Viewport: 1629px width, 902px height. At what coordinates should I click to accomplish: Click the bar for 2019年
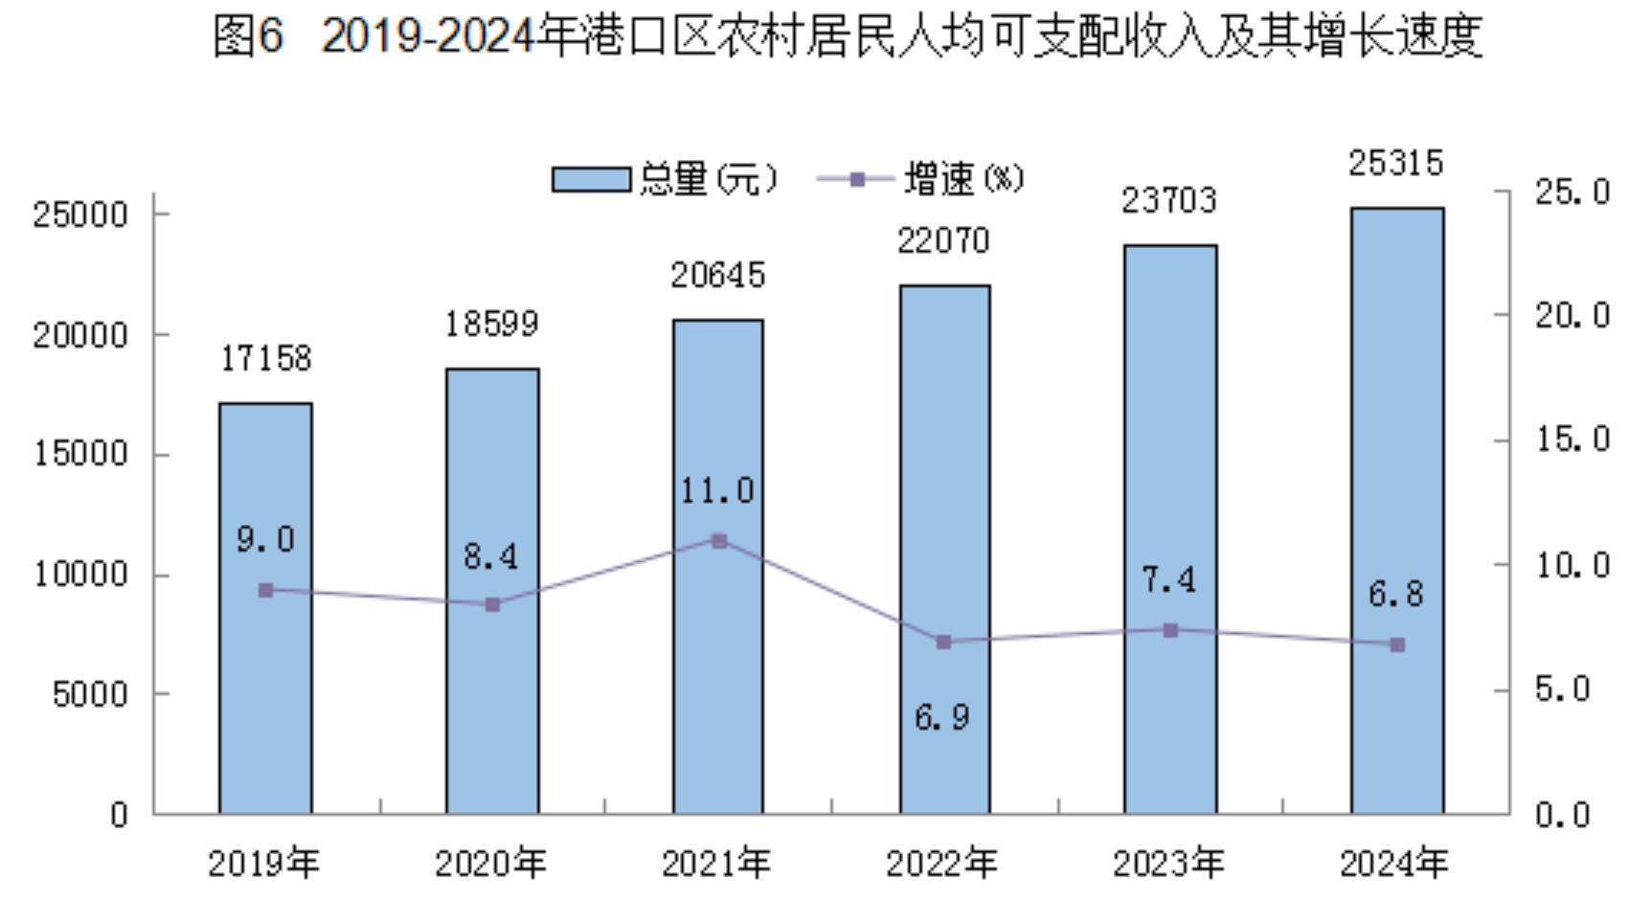click(265, 670)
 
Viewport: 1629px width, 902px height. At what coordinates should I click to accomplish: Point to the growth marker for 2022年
click(943, 642)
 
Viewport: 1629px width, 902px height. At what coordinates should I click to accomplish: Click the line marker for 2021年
click(719, 541)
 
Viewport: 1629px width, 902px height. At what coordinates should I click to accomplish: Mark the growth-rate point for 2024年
click(1397, 645)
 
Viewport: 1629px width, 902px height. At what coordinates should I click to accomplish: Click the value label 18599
click(491, 325)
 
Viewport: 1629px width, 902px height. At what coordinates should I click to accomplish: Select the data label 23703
click(1169, 201)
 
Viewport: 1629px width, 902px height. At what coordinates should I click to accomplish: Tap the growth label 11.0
click(717, 491)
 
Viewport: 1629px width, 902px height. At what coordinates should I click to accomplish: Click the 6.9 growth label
click(942, 717)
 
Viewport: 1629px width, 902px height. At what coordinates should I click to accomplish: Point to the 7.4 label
click(1169, 579)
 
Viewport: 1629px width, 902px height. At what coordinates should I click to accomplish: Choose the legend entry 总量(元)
click(666, 179)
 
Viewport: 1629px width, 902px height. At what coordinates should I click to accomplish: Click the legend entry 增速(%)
click(921, 179)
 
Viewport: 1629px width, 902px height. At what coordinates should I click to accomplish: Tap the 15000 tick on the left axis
click(80, 454)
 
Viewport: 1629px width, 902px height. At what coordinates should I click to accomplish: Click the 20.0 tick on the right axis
click(1572, 316)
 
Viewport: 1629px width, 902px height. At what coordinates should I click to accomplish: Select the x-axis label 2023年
click(1168, 864)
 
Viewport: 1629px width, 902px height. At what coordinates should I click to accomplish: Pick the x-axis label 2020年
click(490, 864)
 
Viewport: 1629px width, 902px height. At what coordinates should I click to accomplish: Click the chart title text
click(847, 36)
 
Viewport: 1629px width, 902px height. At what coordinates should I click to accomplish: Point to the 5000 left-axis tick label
click(90, 694)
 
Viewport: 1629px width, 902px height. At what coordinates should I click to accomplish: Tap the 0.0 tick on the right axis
click(1562, 815)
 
